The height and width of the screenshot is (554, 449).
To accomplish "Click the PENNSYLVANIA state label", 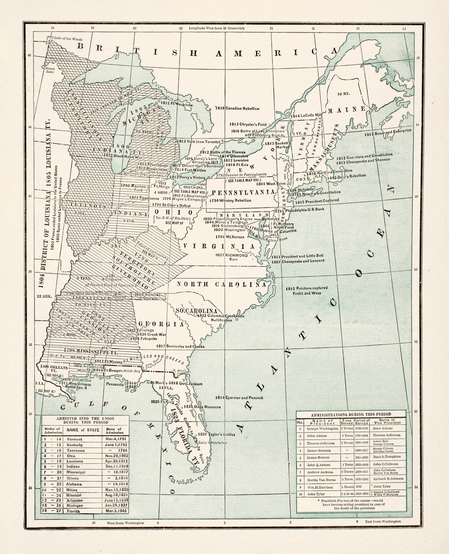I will coord(243,192).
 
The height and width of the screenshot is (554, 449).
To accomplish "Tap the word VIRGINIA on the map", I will coord(219,246).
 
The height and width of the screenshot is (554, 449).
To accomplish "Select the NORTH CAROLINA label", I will coord(221,284).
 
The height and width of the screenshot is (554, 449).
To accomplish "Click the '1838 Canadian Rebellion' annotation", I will coord(237,108).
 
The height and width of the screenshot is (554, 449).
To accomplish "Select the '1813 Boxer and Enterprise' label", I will coord(388,133).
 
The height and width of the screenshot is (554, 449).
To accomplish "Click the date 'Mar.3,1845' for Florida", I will coord(114,511).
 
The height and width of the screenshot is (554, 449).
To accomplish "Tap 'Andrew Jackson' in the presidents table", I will coord(319,472).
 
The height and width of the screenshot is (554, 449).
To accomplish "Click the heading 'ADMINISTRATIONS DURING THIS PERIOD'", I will coord(351,414).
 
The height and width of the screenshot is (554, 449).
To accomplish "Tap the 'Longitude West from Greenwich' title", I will coord(216,28).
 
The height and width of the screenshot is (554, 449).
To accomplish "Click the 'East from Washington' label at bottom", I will coord(383,521).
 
